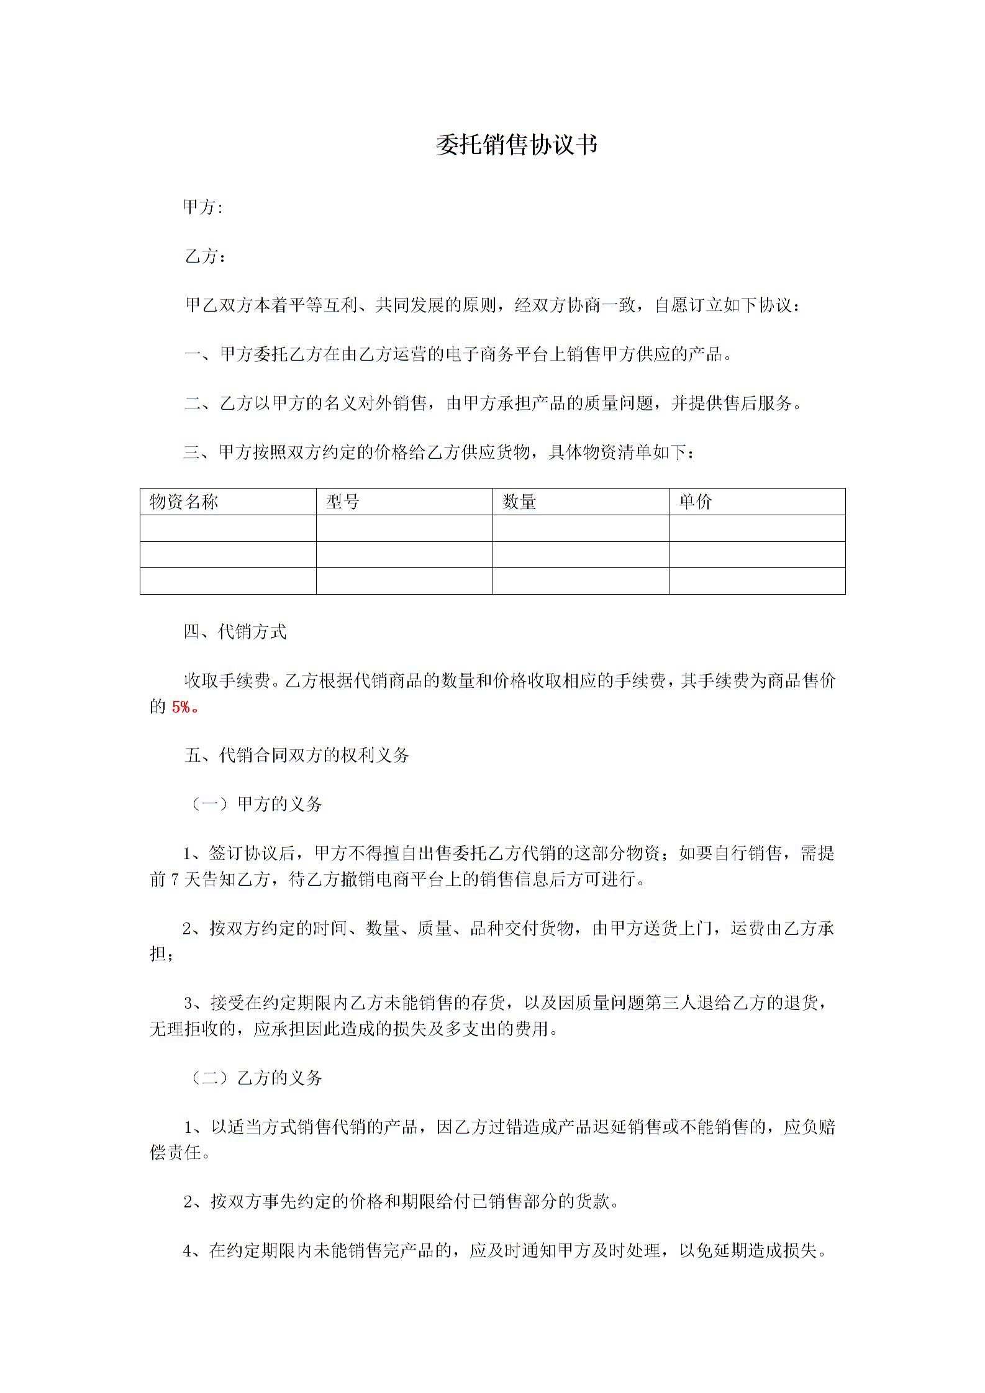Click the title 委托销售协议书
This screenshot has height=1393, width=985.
click(516, 145)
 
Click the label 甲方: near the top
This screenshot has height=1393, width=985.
click(202, 207)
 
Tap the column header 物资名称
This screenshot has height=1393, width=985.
click(184, 502)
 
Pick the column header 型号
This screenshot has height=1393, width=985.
click(343, 502)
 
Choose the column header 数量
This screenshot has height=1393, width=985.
click(519, 502)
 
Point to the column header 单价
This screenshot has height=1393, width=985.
click(696, 502)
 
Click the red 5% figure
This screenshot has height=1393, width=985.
click(181, 707)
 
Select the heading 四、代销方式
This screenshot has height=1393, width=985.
click(235, 632)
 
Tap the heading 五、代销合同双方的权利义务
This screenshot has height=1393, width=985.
click(297, 755)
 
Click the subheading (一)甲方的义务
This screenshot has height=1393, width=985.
click(255, 805)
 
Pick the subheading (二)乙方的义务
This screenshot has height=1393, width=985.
click(255, 1078)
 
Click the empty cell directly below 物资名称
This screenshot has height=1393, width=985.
click(228, 528)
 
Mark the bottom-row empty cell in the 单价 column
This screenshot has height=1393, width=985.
click(757, 581)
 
